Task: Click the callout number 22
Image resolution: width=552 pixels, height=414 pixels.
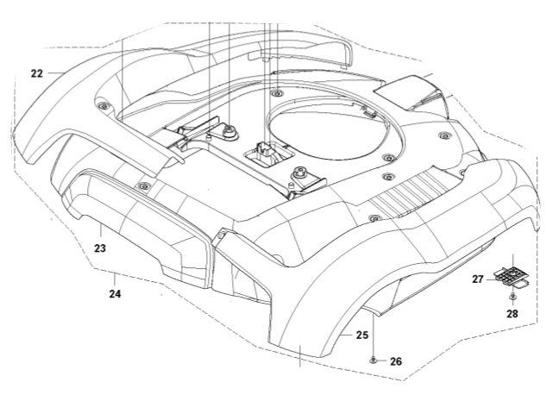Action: click(x=36, y=74)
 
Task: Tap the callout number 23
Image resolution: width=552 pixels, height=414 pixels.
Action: click(x=100, y=248)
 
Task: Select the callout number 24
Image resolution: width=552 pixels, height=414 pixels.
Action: click(x=115, y=294)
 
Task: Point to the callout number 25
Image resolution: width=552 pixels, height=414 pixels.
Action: click(x=362, y=334)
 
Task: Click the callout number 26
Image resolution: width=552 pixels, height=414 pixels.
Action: click(x=396, y=361)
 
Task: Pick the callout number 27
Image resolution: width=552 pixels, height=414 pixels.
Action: click(x=477, y=279)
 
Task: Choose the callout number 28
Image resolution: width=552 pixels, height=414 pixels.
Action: click(x=512, y=314)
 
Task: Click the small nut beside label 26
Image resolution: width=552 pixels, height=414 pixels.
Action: click(x=373, y=360)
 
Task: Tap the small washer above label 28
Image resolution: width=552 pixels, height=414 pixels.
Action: click(x=512, y=297)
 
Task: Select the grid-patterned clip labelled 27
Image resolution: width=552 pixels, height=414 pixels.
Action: click(x=508, y=273)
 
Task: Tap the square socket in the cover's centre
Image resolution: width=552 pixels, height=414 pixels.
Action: click(x=262, y=154)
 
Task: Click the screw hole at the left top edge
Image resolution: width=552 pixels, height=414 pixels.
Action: click(x=103, y=106)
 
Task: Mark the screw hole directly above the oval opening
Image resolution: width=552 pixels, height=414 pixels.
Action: click(x=275, y=91)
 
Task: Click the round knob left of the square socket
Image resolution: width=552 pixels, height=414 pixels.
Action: click(x=231, y=131)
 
